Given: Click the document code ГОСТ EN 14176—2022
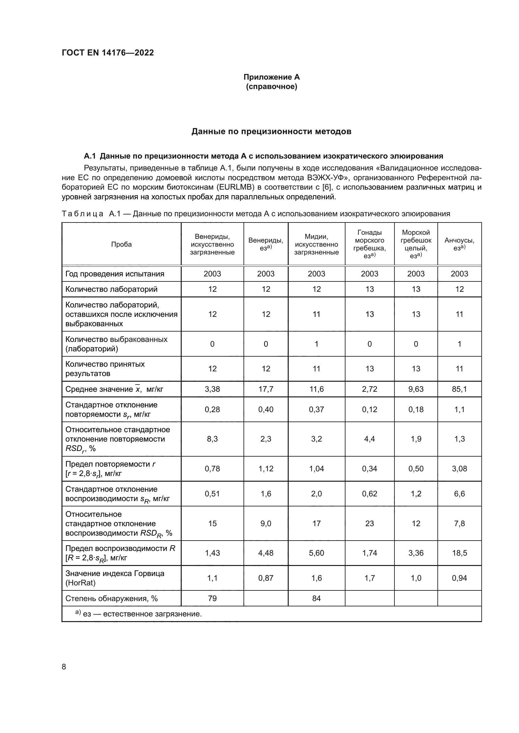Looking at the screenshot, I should [x=108, y=53].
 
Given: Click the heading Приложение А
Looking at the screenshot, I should [x=271, y=77].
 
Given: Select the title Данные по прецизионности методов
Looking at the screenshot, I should [x=271, y=132].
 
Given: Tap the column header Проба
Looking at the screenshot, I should [x=121, y=244].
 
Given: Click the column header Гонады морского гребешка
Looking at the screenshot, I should [x=369, y=244].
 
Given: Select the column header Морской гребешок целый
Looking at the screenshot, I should [x=416, y=244].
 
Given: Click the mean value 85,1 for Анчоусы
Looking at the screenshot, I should [x=459, y=389].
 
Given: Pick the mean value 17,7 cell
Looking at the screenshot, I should [x=266, y=389].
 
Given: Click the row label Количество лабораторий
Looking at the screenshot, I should [x=111, y=289].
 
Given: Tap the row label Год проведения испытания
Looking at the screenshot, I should [x=115, y=274].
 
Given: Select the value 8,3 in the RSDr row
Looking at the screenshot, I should [x=212, y=439].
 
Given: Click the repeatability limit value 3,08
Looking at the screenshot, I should [x=459, y=469].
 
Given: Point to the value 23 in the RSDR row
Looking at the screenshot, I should [x=369, y=524].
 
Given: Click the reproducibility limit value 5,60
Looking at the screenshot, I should [x=316, y=553].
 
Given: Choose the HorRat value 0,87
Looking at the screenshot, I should [x=266, y=578].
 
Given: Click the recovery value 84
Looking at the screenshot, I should [x=316, y=598].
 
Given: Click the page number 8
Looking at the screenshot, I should [x=64, y=667].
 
